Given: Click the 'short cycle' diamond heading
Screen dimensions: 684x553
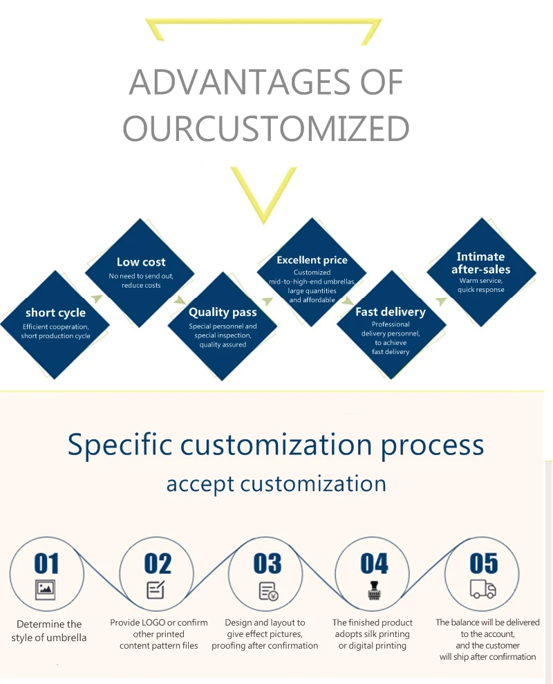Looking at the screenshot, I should point(55,313).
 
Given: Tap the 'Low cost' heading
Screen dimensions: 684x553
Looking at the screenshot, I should point(141,262).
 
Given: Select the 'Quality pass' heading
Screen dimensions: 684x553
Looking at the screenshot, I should point(223,312).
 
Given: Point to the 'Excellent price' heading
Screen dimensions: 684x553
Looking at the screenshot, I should point(312,260).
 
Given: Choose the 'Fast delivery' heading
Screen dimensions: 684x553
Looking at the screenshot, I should point(391,312).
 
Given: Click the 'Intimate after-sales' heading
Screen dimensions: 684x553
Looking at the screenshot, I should point(481,263).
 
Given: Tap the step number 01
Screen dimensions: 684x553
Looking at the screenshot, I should point(46,564).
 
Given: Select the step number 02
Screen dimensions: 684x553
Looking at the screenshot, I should point(158,564).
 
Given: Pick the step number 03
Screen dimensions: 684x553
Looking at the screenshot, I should point(268,564).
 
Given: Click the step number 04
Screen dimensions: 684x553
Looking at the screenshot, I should point(374,564).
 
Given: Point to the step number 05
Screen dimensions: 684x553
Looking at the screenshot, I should point(483,564).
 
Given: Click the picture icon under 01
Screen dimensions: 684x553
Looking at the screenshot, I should point(46,589).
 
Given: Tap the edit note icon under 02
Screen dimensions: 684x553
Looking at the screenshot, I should point(156,590).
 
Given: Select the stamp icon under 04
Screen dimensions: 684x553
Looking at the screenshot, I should point(374,591).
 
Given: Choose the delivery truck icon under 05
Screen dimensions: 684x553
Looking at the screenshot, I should point(482,589).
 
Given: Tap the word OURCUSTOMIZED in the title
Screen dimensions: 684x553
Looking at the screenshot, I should point(266,129).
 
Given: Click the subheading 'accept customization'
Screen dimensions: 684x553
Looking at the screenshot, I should point(276,483).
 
